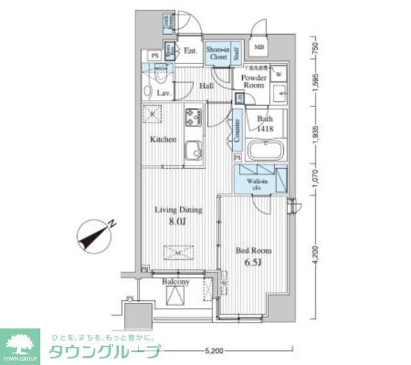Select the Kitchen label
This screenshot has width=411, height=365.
[163, 139]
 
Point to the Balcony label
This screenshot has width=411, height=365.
[175, 282]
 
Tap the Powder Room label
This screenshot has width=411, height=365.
[253, 81]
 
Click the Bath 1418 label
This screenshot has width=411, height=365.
[265, 124]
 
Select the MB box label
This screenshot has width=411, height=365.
[259, 47]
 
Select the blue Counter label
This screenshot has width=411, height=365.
[237, 131]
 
